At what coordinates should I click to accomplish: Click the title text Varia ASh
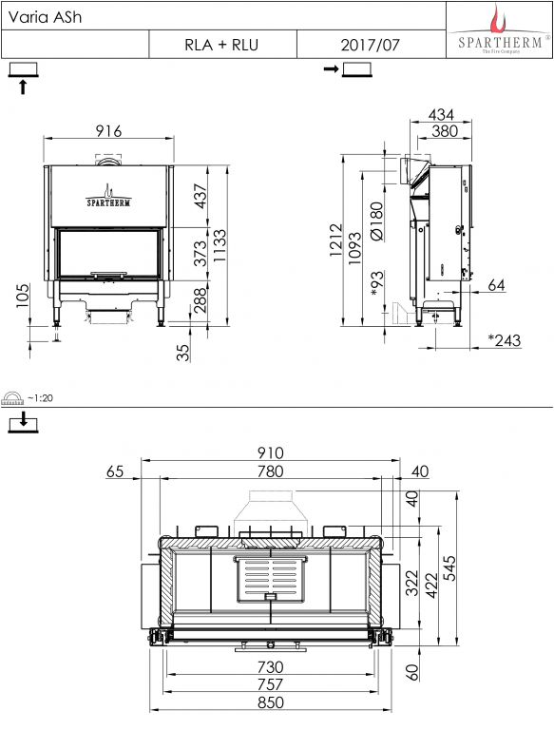point(45,17)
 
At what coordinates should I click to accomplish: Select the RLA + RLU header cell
point(222,45)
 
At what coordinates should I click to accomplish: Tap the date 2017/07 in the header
point(370,46)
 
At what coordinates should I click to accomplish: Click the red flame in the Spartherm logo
point(499,19)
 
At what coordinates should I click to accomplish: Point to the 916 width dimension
point(108,131)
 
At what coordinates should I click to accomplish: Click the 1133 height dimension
point(220,245)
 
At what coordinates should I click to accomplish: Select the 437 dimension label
point(200,196)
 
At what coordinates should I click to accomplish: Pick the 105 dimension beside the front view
point(23,296)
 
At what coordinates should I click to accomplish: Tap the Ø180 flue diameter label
point(376,221)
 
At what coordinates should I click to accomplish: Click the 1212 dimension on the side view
point(336,240)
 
